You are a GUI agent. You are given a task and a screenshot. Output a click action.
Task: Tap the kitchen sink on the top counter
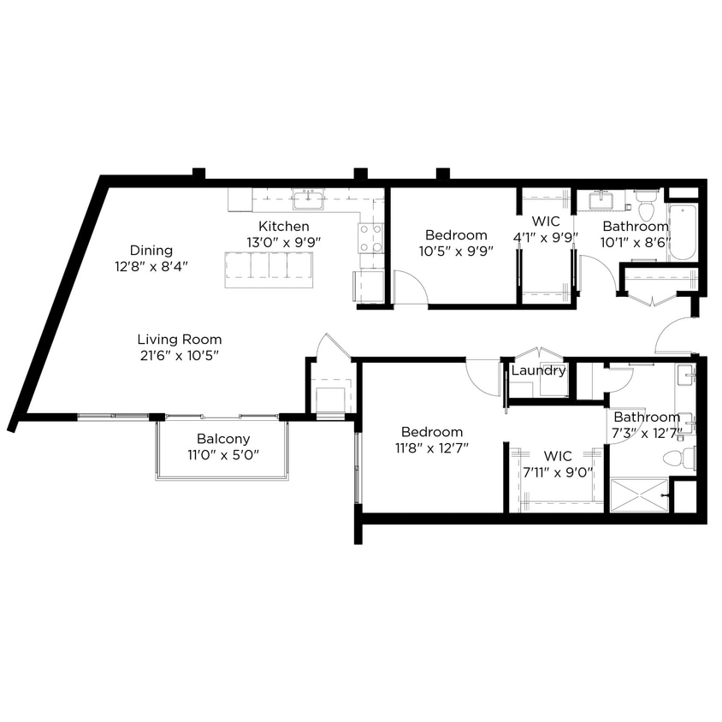click(307, 200)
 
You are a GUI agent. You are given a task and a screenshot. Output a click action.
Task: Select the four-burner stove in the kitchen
click(370, 238)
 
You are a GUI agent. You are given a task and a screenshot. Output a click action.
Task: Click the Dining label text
click(151, 251)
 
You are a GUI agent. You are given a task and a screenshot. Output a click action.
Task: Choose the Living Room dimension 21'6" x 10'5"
click(179, 355)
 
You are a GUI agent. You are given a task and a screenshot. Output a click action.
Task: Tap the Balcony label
click(222, 439)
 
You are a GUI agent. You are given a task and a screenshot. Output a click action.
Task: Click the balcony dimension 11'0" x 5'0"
click(222, 454)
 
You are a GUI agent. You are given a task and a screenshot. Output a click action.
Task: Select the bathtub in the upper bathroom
click(684, 231)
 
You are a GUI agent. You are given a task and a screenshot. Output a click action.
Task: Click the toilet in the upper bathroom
click(646, 206)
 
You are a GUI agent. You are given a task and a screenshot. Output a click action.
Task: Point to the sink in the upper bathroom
click(604, 200)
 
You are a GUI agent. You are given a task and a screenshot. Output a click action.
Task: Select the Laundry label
click(538, 370)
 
